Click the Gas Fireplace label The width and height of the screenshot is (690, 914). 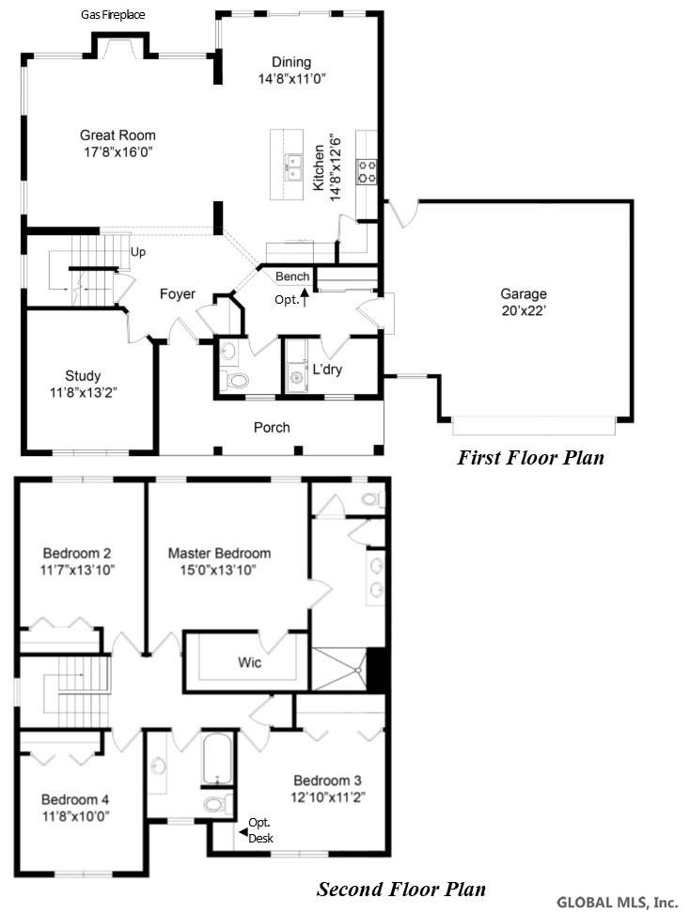113,14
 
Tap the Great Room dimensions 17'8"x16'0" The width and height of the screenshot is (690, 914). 118,152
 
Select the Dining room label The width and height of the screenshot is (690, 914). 291,62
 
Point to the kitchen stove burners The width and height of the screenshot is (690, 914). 368,171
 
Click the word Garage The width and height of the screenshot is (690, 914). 524,293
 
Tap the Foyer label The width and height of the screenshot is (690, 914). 177,294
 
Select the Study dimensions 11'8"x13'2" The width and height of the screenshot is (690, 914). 84,392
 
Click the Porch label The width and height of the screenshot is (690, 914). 272,427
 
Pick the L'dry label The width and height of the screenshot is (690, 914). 327,369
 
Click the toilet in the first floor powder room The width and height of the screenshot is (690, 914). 235,381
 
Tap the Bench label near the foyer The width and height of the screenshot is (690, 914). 292,276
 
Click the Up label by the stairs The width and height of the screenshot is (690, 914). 138,252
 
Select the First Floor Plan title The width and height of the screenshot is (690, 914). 530,458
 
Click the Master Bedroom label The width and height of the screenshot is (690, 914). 219,553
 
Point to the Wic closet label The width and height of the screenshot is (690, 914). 249,662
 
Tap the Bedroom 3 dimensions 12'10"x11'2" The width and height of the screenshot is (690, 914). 327,796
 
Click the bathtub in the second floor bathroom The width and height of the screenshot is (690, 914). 218,759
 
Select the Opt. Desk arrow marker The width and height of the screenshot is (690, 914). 243,832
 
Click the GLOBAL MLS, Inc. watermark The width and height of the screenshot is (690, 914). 617,903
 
